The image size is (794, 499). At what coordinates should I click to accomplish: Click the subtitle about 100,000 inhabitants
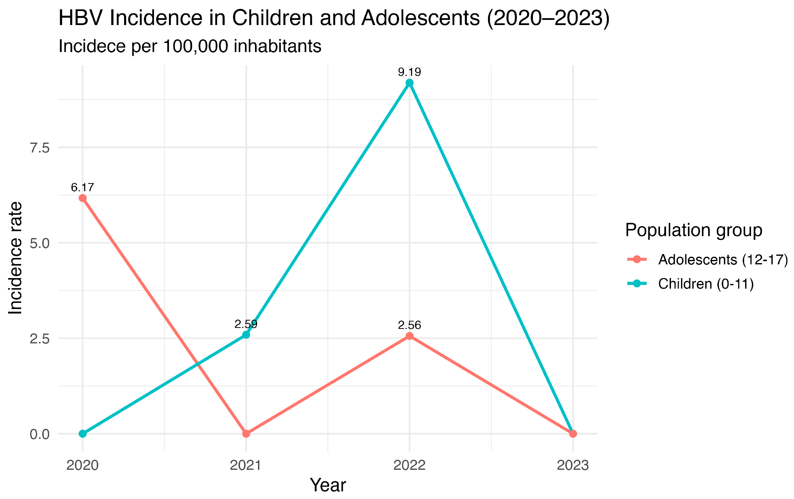190,46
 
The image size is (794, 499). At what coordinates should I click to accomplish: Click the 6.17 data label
83,188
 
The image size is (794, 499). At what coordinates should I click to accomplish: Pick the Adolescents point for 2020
83,198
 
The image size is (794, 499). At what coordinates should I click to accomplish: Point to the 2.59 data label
246,324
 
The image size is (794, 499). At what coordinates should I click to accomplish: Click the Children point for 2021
246,335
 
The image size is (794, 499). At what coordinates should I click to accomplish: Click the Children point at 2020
83,434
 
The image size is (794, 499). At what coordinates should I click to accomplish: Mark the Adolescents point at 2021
246,434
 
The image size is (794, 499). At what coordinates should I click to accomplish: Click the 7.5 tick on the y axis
40,148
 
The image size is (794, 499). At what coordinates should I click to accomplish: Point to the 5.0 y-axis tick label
40,243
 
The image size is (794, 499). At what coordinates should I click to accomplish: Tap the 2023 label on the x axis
573,465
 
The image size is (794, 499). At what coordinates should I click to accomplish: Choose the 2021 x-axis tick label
246,465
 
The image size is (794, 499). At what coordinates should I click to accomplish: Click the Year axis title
328,485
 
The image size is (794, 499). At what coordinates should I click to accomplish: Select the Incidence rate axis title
15,258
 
